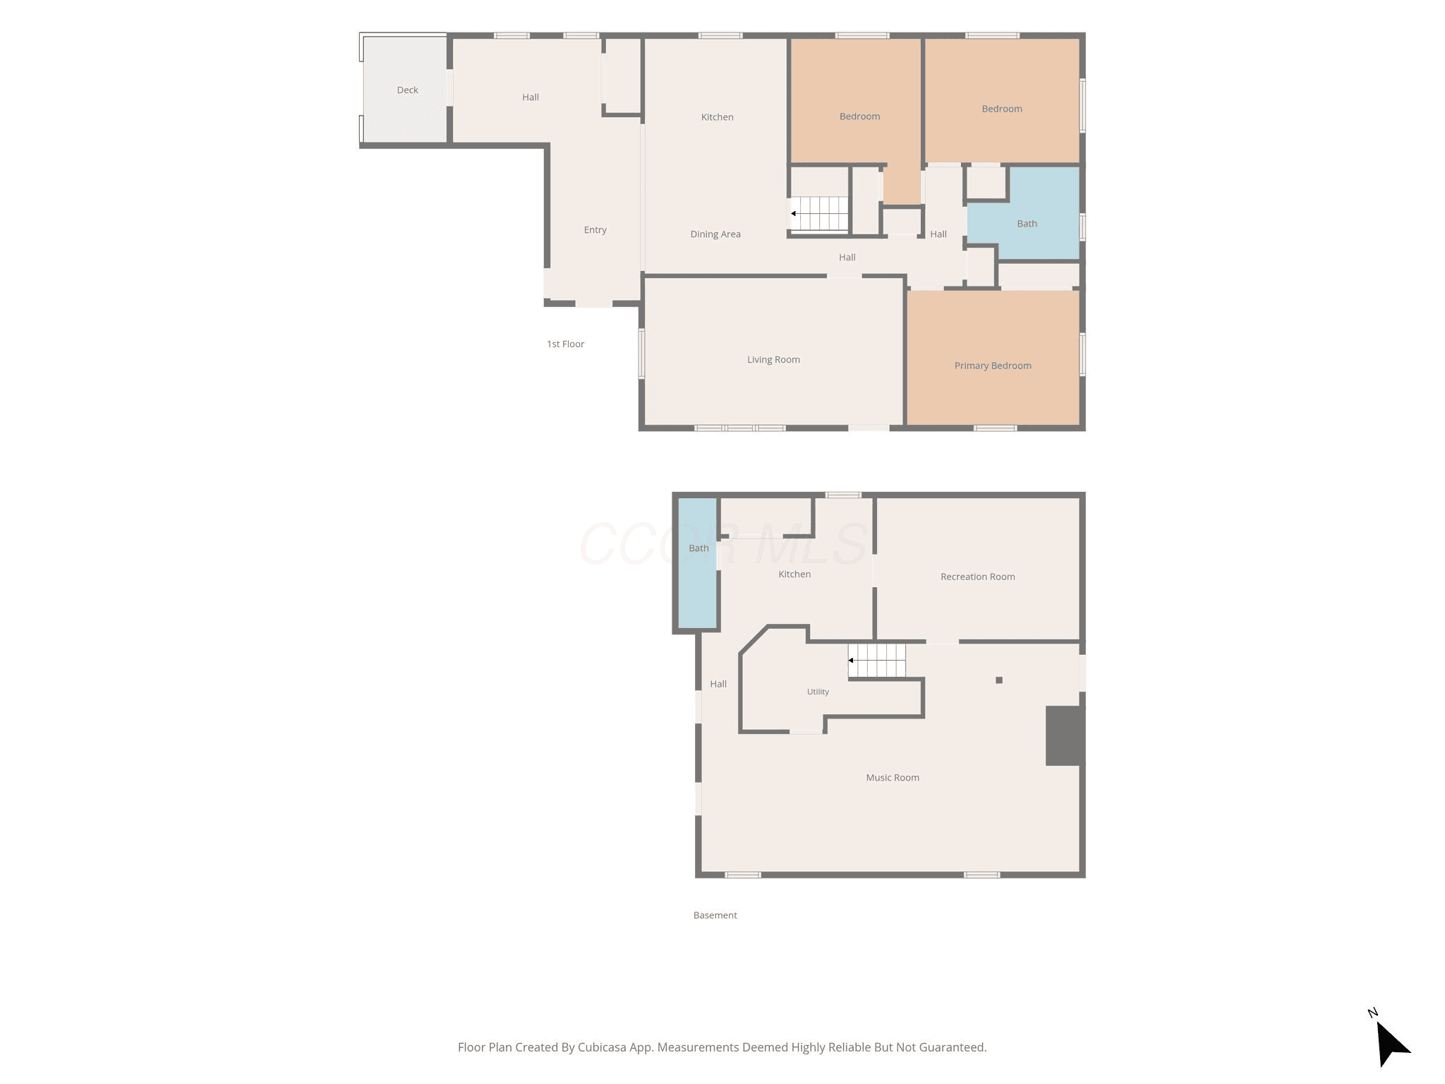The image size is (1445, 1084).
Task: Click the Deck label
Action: [407, 90]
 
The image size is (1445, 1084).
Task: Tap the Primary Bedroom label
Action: [993, 366]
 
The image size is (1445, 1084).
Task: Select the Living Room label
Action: [773, 360]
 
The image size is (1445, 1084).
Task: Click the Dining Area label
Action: [715, 234]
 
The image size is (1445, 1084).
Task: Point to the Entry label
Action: [595, 230]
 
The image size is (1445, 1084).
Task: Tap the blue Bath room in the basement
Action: [698, 563]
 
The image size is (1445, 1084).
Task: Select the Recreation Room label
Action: [978, 577]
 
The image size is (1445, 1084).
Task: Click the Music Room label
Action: [893, 778]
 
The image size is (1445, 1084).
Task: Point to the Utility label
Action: [818, 692]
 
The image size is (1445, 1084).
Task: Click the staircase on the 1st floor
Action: [819, 213]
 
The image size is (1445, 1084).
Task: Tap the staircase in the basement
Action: [877, 661]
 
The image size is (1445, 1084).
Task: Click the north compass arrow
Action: [1391, 1042]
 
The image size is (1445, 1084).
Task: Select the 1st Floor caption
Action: [565, 344]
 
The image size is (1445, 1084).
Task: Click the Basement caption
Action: [715, 915]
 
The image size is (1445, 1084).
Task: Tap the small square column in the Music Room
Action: [999, 680]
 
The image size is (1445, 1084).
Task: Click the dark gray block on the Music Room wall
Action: [1064, 735]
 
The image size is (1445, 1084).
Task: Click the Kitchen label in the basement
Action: [794, 574]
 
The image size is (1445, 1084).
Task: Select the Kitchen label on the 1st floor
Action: [717, 117]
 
